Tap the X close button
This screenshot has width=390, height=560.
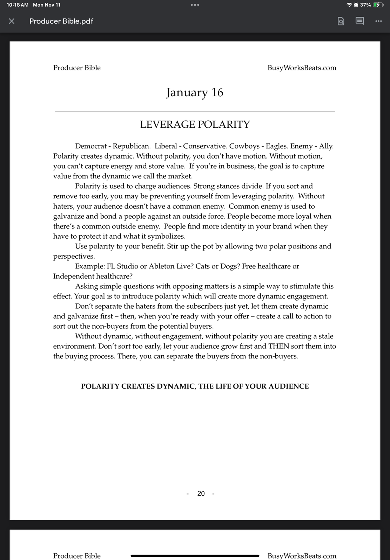tap(12, 21)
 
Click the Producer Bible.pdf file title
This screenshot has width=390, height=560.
tap(61, 21)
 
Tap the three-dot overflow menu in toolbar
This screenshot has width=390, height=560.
tap(378, 21)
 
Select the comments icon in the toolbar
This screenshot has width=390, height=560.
tap(359, 21)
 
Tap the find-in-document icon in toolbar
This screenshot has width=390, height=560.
tap(341, 21)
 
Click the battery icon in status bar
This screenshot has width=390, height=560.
tap(378, 5)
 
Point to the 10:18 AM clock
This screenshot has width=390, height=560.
tap(18, 5)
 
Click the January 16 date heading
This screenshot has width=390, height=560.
tap(195, 92)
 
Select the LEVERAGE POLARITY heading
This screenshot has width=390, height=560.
tap(195, 125)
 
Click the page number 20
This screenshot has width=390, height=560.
tap(201, 493)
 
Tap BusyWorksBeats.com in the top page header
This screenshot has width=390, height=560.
tap(302, 68)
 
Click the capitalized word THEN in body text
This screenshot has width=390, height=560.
tap(279, 346)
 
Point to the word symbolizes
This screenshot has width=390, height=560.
tap(166, 236)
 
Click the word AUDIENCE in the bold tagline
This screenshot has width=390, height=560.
tap(289, 386)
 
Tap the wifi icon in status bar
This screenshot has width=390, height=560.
tap(349, 5)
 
